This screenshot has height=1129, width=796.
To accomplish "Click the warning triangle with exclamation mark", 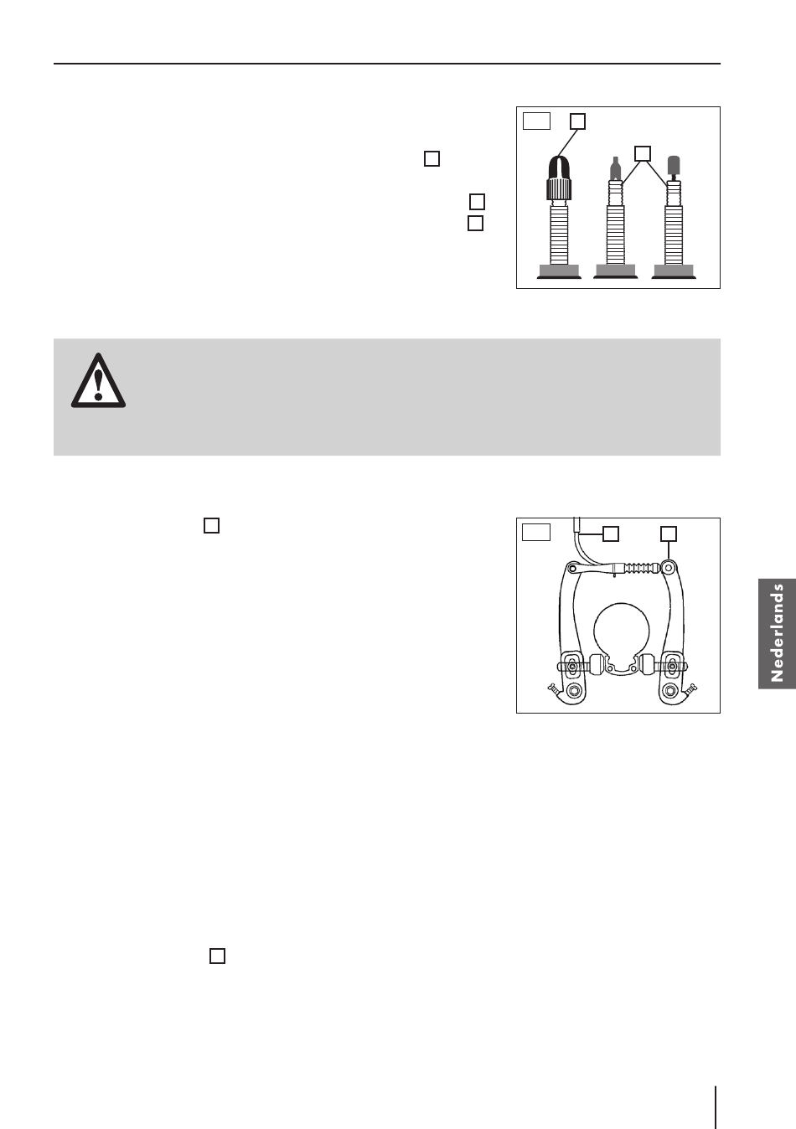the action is pos(98,381).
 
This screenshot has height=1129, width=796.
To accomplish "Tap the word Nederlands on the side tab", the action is pos(778,633).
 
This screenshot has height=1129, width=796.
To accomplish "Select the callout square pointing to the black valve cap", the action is pos(577,121).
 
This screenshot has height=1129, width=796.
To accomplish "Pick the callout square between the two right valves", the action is pos(642,154).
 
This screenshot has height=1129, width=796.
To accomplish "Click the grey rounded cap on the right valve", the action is pos(674,164).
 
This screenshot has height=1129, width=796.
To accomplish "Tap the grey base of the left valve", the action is pos(559,271).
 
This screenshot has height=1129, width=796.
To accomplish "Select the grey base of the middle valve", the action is pos(616,271).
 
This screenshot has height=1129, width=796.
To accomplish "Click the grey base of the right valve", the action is pos(674,271).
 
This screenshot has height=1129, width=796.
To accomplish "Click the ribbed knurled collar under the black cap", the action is pos(560,188).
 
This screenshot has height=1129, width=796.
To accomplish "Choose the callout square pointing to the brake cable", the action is pos(611,534).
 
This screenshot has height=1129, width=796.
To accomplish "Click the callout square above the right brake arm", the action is pos(669,534).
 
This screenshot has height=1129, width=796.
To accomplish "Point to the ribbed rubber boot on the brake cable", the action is pos(638,568).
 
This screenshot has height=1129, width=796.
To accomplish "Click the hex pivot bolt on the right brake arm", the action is pos(669,690).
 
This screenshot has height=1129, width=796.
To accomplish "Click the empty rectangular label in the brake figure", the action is pos(536,532).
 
